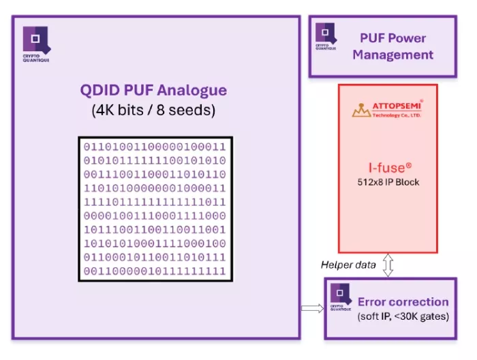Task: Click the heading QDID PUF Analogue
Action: [154, 91]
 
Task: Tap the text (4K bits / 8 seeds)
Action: [154, 110]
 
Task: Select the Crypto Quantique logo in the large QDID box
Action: [36, 42]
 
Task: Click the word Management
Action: [393, 55]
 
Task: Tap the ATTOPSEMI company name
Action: [397, 107]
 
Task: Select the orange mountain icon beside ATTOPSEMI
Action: [361, 110]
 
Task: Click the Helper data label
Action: [348, 265]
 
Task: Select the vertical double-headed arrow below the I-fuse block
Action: [388, 265]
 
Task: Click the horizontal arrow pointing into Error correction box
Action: [311, 308]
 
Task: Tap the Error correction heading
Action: [403, 301]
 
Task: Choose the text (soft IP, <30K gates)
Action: [403, 316]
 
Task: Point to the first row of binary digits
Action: [154, 147]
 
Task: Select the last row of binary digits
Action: [154, 271]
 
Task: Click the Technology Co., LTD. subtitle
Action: [397, 116]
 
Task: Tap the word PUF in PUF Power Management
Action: [373, 38]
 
